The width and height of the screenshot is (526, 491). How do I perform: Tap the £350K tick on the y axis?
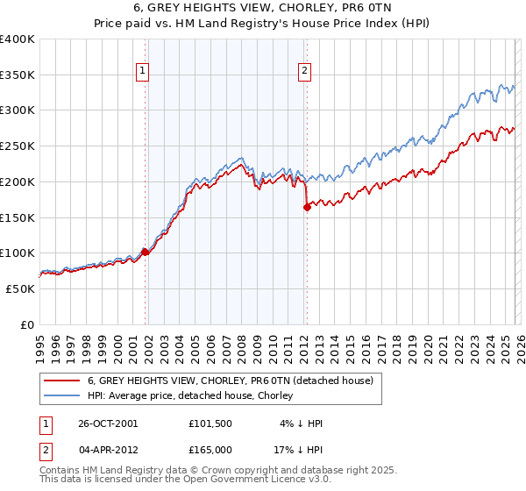tap(18, 75)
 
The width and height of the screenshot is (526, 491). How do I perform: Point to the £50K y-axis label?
tap(20, 288)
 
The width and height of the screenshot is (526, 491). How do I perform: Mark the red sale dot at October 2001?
tap(146, 252)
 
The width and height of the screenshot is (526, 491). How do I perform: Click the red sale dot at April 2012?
tap(307, 207)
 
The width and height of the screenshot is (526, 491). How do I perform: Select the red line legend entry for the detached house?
tap(230, 381)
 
